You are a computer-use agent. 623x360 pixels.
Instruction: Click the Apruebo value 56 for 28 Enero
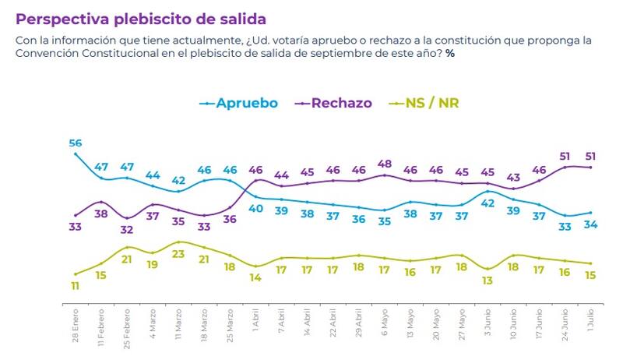click(75, 143)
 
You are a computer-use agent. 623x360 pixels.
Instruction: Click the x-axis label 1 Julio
click(591, 321)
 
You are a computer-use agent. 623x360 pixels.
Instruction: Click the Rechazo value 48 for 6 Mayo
click(385, 164)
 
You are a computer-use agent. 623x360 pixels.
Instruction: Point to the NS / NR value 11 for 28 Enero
click(75, 286)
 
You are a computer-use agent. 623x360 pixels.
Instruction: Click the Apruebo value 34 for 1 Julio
click(591, 225)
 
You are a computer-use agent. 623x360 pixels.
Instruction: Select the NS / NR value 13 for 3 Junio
click(488, 281)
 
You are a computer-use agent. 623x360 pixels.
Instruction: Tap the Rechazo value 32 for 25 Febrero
click(126, 230)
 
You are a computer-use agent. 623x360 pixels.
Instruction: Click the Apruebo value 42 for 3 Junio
click(488, 203)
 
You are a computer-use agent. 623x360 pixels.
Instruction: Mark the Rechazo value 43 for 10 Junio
click(514, 177)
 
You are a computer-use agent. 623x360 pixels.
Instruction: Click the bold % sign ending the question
click(450, 53)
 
